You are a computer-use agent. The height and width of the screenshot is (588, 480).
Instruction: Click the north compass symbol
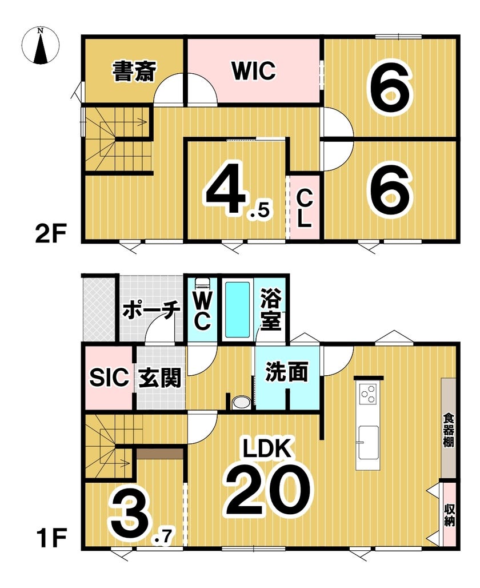(x=41, y=46)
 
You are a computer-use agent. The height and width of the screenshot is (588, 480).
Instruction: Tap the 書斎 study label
(x=134, y=71)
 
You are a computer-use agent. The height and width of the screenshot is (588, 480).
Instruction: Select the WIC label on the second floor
(x=254, y=70)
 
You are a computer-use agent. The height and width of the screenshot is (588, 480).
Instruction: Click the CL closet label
(x=305, y=209)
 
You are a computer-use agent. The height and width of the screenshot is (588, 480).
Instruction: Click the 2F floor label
(x=51, y=235)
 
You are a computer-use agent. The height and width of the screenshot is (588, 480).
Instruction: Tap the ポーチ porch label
(x=151, y=310)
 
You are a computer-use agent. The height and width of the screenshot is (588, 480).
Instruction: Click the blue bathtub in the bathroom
(x=238, y=309)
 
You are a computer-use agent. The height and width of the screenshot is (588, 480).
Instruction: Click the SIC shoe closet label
(x=109, y=378)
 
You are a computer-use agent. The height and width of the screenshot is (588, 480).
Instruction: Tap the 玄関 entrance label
(x=159, y=378)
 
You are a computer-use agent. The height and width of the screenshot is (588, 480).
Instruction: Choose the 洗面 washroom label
(x=287, y=372)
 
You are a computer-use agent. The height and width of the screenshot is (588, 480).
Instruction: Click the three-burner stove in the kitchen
(x=367, y=394)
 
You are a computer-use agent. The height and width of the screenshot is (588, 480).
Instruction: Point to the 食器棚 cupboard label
(x=449, y=430)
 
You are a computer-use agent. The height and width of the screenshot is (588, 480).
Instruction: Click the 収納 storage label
(x=449, y=515)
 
